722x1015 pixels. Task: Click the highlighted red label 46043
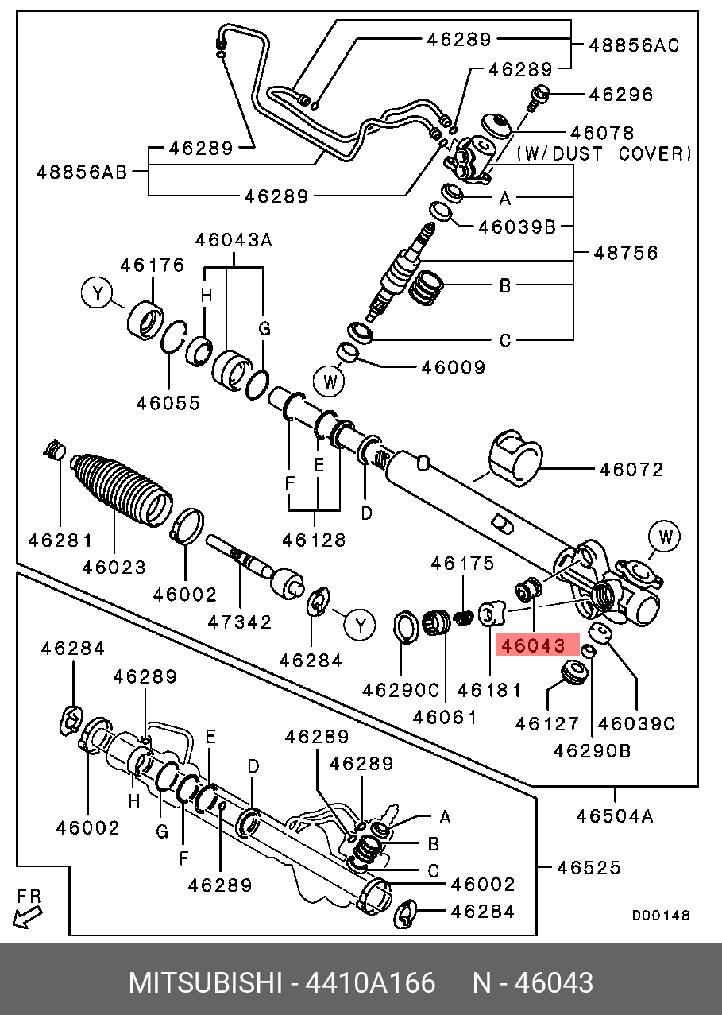(x=532, y=645)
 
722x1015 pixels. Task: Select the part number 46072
(x=631, y=470)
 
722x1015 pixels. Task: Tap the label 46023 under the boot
(x=114, y=567)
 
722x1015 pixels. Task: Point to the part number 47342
(x=239, y=622)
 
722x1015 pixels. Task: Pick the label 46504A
(x=615, y=815)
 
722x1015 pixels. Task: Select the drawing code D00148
(x=661, y=916)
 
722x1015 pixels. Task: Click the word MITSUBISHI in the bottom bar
(x=205, y=983)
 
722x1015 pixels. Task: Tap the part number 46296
(x=620, y=95)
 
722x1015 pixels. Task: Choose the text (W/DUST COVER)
(x=604, y=153)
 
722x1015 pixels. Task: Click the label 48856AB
(x=82, y=171)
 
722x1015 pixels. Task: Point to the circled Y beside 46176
(x=98, y=294)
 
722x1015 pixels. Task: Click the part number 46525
(x=588, y=866)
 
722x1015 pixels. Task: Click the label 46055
(x=168, y=403)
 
